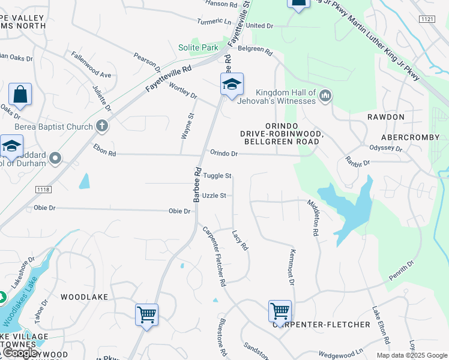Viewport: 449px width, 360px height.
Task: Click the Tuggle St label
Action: coord(217,176)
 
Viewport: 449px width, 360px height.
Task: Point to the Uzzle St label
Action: coord(214,196)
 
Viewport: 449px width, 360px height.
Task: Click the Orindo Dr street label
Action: coord(224,154)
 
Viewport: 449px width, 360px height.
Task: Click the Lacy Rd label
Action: coord(240,241)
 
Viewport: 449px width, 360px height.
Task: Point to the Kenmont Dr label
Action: coord(292,267)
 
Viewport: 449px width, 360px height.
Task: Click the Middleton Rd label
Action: coord(313,217)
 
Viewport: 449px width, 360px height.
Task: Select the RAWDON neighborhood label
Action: coord(387,117)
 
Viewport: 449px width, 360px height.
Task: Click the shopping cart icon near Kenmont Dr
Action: coord(280,311)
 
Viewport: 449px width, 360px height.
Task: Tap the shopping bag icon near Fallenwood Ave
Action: coord(20,94)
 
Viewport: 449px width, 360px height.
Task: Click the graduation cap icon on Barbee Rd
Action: coord(232,85)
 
